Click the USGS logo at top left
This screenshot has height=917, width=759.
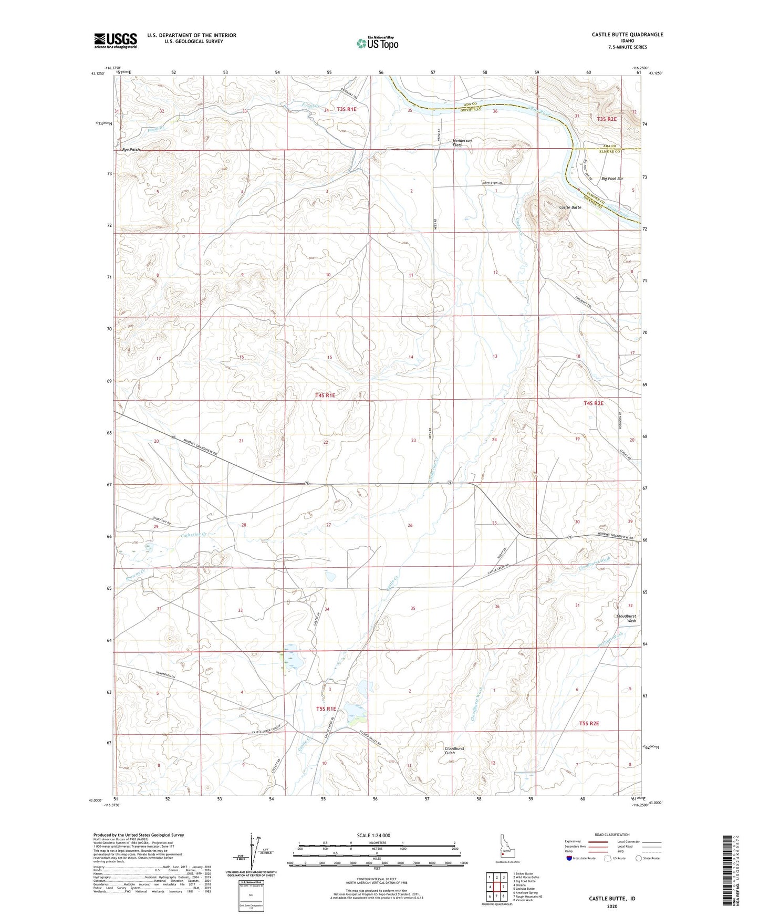tap(115, 40)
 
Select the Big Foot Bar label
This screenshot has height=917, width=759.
tap(612, 179)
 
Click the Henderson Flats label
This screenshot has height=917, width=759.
tap(462, 143)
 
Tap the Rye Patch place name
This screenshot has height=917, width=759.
tap(132, 150)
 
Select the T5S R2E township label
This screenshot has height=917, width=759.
tap(588, 723)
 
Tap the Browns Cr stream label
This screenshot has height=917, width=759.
tap(135, 575)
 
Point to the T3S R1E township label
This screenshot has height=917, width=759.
tap(346, 109)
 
